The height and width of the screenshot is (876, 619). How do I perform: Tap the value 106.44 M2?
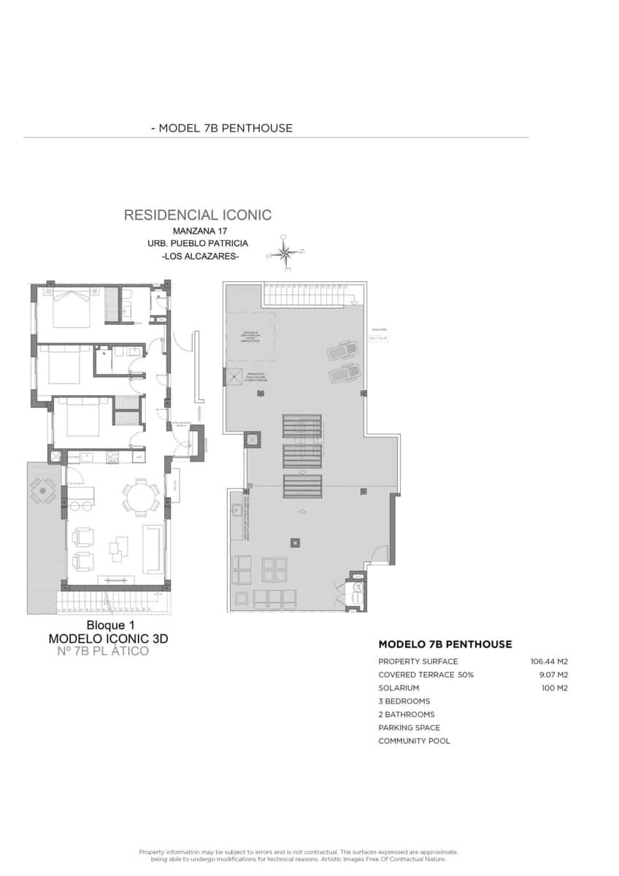click(549, 661)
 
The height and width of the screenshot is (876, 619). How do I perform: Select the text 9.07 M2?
click(553, 675)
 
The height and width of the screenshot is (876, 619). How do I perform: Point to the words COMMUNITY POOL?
click(414, 741)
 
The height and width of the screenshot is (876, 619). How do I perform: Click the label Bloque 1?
click(111, 625)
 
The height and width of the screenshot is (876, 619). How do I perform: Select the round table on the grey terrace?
click(43, 491)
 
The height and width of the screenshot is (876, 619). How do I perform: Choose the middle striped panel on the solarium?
click(301, 456)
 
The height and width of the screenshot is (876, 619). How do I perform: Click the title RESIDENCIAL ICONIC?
click(198, 215)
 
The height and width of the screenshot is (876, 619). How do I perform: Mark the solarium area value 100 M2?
click(554, 688)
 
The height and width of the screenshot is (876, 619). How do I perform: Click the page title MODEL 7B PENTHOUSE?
click(221, 128)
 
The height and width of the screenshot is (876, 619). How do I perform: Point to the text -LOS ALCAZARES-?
click(199, 257)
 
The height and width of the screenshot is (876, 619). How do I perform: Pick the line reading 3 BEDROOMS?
click(404, 701)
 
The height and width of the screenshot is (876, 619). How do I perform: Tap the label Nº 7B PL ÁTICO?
click(102, 650)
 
